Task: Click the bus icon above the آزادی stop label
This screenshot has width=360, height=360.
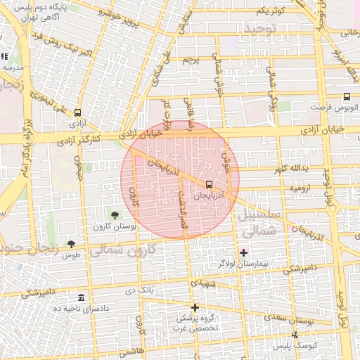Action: (77, 111)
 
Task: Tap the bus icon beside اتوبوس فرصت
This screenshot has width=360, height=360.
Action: (346, 97)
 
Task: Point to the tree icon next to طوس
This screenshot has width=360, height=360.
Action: (71, 243)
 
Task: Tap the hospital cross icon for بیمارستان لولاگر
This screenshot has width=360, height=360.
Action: (243, 252)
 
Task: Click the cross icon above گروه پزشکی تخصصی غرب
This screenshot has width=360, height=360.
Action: (195, 307)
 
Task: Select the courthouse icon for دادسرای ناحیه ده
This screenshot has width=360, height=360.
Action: (81, 297)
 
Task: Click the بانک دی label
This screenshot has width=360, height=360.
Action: (139, 290)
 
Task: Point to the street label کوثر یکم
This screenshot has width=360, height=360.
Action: (270, 11)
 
